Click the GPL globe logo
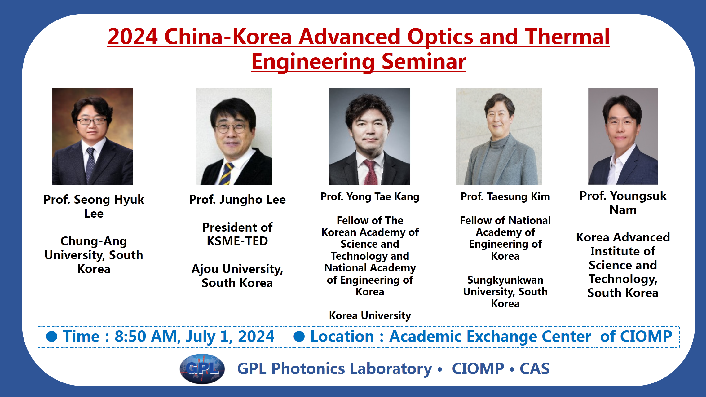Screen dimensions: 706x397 click(x=202, y=369)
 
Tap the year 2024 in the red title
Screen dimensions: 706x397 click(x=133, y=37)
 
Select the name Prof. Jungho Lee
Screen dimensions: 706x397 click(x=237, y=200)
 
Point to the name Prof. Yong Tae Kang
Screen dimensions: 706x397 click(x=370, y=197)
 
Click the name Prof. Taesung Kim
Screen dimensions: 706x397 click(x=505, y=196)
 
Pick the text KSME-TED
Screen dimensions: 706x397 click(x=237, y=241)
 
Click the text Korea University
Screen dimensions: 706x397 click(x=370, y=315)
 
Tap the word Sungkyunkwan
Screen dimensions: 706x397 click(x=505, y=280)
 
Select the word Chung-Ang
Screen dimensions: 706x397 click(x=94, y=241)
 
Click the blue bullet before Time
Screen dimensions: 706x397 click(x=52, y=337)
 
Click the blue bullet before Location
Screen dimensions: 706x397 click(x=299, y=337)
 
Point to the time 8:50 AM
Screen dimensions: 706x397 click(x=147, y=337)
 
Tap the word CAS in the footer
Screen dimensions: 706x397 click(x=535, y=369)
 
